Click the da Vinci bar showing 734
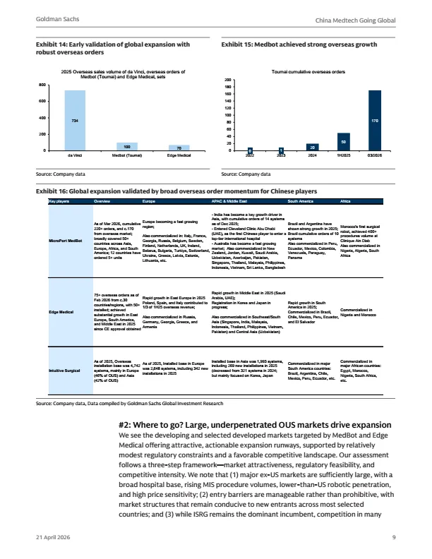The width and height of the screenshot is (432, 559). pyautogui.click(x=75, y=120)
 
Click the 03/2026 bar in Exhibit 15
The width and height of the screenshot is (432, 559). pyautogui.click(x=374, y=121)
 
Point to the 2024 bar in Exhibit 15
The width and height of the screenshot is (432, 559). pyautogui.click(x=312, y=147)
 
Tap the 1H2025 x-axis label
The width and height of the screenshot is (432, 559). pyautogui.click(x=343, y=155)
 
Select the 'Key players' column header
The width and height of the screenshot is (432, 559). pyautogui.click(x=59, y=203)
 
